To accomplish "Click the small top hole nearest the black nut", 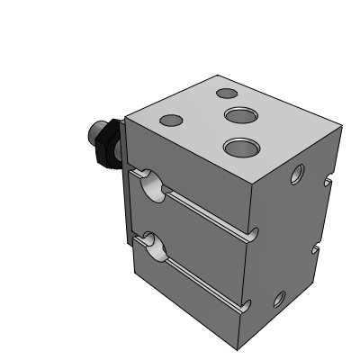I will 169,120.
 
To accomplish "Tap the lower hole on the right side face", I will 282,298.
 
